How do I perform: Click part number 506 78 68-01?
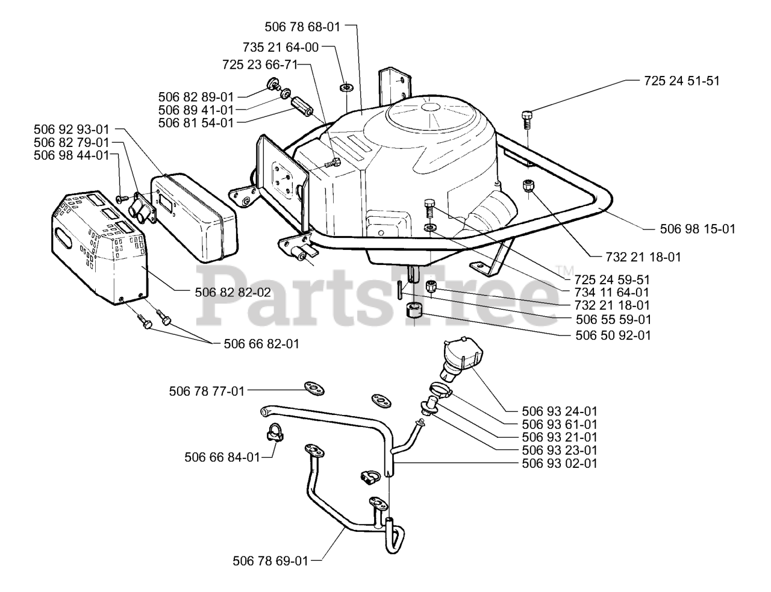[302, 26]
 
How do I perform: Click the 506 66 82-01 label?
[261, 344]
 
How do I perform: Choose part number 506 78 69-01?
[270, 561]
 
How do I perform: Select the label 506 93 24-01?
[560, 411]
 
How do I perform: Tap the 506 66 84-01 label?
[222, 458]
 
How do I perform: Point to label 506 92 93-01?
[72, 129]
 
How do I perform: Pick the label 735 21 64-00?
[281, 46]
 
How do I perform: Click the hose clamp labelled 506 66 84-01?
[274, 434]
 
